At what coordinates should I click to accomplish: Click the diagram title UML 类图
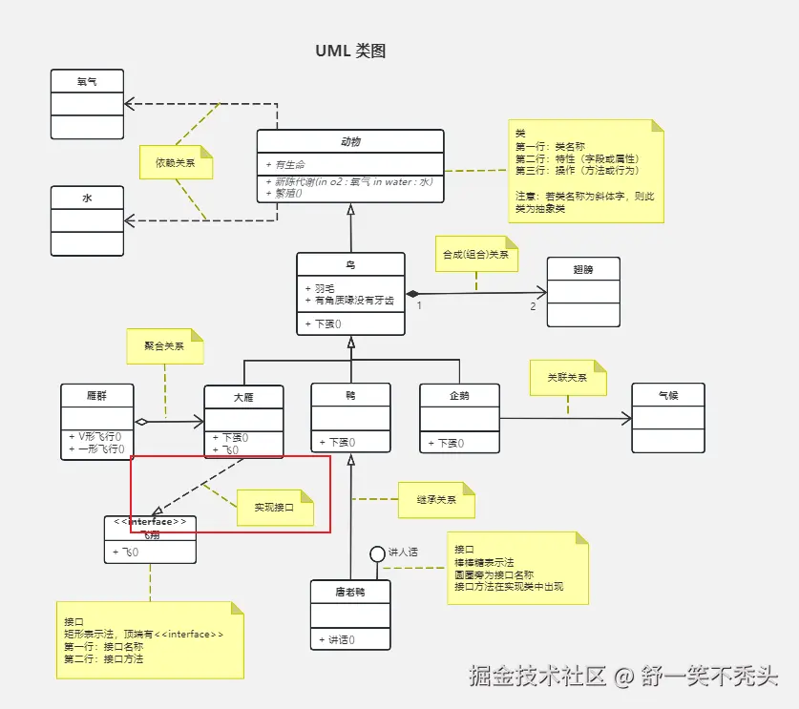click(x=350, y=52)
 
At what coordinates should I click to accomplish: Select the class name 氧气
click(x=87, y=82)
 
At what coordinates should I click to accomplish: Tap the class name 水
click(x=87, y=198)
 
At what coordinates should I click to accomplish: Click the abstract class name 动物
click(x=350, y=141)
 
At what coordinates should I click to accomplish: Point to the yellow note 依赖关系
click(x=176, y=162)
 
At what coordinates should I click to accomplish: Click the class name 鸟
click(x=350, y=264)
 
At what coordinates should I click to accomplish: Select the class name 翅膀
click(x=582, y=269)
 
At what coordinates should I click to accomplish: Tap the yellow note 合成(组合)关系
click(x=475, y=255)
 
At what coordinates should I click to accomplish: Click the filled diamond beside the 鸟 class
click(x=412, y=293)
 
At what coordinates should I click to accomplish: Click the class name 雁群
click(x=96, y=395)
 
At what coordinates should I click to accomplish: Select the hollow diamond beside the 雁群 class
click(x=141, y=421)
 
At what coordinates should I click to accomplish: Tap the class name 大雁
click(x=243, y=396)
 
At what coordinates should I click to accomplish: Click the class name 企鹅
click(x=459, y=394)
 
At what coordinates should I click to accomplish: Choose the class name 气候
click(x=667, y=394)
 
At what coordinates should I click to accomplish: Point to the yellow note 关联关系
click(x=567, y=377)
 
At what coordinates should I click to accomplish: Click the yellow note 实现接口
click(x=274, y=508)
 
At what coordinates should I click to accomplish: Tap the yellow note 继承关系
click(x=436, y=499)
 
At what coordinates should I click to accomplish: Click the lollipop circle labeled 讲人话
click(x=378, y=553)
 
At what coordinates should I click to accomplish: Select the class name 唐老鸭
click(x=350, y=592)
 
